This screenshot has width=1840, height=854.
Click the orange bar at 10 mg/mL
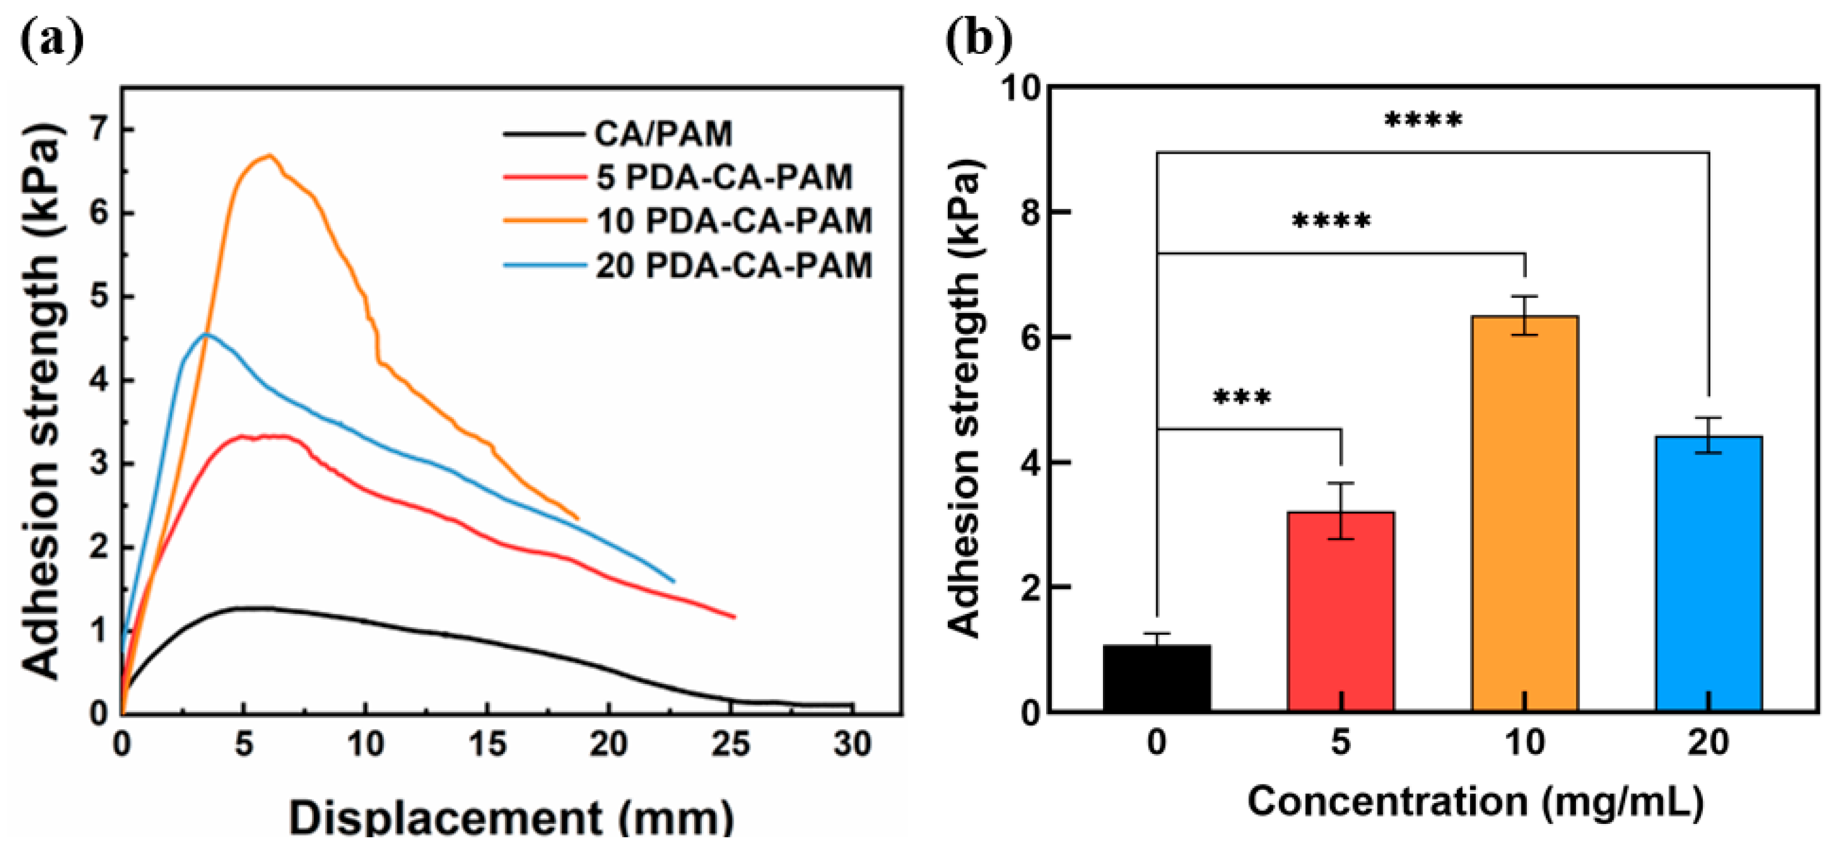coord(1525,514)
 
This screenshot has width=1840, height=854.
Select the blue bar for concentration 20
coord(1709,575)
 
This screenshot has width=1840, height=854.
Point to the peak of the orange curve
coord(270,155)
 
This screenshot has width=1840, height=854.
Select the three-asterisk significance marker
coord(1242,397)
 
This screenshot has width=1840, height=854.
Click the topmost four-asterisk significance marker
coord(1423,120)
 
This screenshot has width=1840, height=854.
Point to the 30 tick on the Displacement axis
coord(853,745)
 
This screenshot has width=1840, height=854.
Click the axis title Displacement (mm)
coord(511,818)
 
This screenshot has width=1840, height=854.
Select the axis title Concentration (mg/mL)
coord(1475,801)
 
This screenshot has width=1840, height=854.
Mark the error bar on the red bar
coord(1341,511)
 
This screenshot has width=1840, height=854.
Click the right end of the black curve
coord(852,705)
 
